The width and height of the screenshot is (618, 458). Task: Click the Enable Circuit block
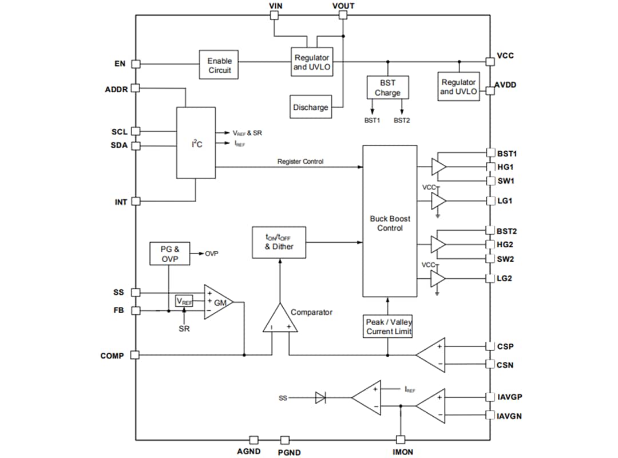coord(219,65)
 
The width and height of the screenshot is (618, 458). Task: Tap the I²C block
coord(196,143)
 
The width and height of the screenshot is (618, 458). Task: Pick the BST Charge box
coord(387,88)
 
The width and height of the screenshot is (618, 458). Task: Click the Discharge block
coord(311,107)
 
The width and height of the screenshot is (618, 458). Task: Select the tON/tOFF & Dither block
coord(279,242)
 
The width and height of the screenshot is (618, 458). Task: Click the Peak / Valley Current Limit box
coord(389,326)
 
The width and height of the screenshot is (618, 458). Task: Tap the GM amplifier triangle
coord(218,302)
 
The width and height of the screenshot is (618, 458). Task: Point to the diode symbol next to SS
coord(320,397)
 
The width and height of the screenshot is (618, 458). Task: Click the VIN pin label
coord(276,6)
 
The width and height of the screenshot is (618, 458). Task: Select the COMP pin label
coord(112,356)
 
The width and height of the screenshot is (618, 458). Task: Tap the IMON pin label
coord(403,452)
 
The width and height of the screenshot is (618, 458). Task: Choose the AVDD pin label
coord(506,84)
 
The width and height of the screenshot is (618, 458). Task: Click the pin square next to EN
coord(136,64)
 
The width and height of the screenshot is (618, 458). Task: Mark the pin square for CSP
coord(490,346)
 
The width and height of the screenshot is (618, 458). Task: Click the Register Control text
coord(300,161)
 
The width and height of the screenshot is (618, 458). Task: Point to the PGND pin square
coord(284,440)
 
